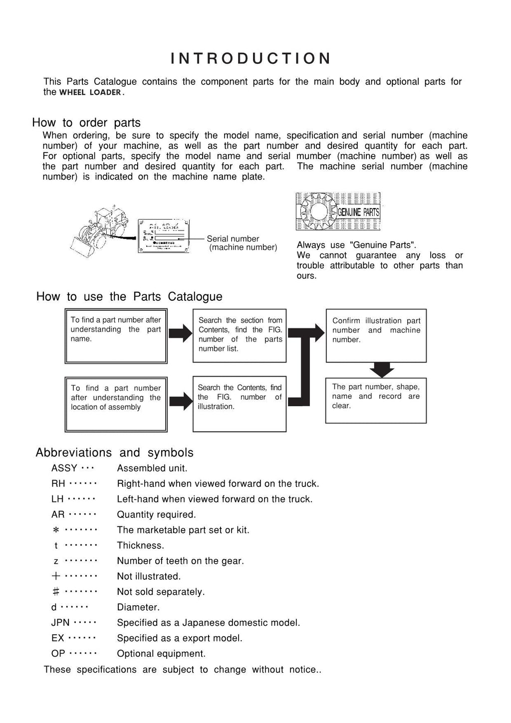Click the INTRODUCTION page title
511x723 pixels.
[x=251, y=59]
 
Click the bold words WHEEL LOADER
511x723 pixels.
[x=90, y=92]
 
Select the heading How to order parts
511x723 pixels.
[x=86, y=123]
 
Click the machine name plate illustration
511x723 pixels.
[x=163, y=236]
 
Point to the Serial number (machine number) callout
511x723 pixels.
[x=242, y=243]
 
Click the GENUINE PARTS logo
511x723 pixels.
[x=338, y=212]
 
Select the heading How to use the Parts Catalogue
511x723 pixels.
[x=129, y=296]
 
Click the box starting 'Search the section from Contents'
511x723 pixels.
[x=240, y=335]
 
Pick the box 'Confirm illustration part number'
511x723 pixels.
[x=376, y=335]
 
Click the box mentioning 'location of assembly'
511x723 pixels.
[x=115, y=404]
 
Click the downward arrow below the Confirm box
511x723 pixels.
[x=382, y=370]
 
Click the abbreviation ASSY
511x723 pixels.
[x=64, y=469]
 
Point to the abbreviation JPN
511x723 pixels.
[x=60, y=623]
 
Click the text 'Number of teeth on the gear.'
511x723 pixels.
[x=180, y=561]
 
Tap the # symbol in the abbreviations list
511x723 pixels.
[x=56, y=592]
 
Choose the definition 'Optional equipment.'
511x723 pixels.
[x=161, y=654]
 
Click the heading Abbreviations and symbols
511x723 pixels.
[x=114, y=453]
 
